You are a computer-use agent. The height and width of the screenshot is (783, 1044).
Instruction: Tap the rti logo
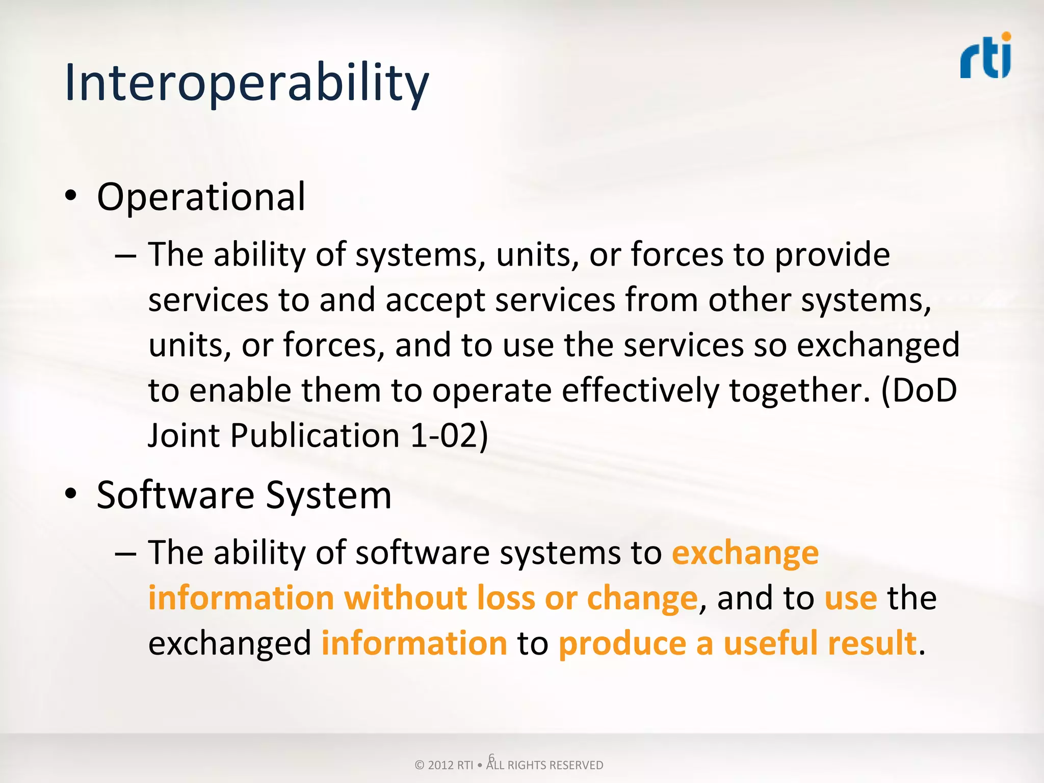pyautogui.click(x=985, y=59)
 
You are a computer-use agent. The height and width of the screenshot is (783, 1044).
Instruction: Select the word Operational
pyautogui.click(x=201, y=197)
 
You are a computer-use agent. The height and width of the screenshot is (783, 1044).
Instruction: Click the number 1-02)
pyautogui.click(x=449, y=436)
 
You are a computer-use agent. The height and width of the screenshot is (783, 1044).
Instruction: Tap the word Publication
pyautogui.click(x=315, y=436)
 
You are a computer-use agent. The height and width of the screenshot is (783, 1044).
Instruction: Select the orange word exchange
pyautogui.click(x=745, y=554)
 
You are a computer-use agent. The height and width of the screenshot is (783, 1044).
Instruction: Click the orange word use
pyautogui.click(x=850, y=598)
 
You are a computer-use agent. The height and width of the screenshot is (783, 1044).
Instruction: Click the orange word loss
pyautogui.click(x=505, y=598)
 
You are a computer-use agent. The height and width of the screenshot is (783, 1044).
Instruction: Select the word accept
pyautogui.click(x=435, y=301)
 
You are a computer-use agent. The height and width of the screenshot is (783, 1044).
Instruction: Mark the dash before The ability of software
pyautogui.click(x=125, y=553)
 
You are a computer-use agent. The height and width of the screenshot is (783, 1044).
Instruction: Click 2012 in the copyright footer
pyautogui.click(x=440, y=765)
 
